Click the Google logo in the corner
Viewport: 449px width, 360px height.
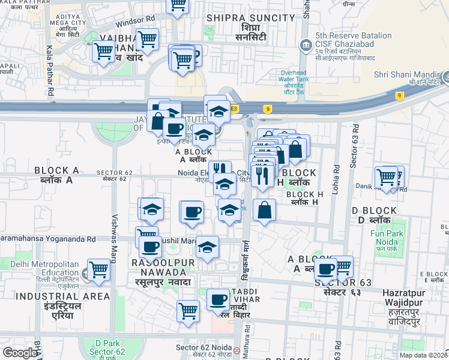click(x=20, y=353)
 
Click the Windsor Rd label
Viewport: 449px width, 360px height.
click(x=135, y=20)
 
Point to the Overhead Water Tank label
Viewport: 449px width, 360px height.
click(x=294, y=82)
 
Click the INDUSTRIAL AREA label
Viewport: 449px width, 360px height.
click(x=63, y=296)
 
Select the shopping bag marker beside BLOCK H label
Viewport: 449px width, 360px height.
click(x=264, y=210)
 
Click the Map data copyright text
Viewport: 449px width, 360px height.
click(x=423, y=355)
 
